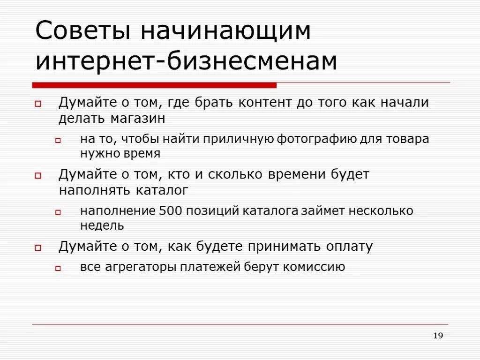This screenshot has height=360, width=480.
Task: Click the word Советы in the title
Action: [82, 31]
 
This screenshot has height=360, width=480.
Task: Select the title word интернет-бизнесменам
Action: [186, 61]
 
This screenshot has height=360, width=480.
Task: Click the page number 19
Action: [438, 335]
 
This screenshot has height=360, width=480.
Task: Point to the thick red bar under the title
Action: [154, 85]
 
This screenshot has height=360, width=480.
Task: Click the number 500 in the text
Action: [170, 211]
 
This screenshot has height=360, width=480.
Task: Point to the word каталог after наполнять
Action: [162, 190]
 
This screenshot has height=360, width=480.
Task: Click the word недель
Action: [102, 225]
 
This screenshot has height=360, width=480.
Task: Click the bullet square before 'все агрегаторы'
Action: [58, 269]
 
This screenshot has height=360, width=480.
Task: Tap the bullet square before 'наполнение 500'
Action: [58, 212]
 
